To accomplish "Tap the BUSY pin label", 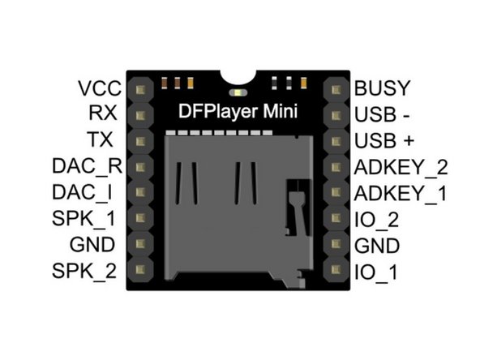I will (x=383, y=88).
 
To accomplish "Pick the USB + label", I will (x=385, y=140).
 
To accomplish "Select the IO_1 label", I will (x=375, y=271).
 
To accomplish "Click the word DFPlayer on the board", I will (x=213, y=114).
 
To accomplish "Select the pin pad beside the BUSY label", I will (x=335, y=88).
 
